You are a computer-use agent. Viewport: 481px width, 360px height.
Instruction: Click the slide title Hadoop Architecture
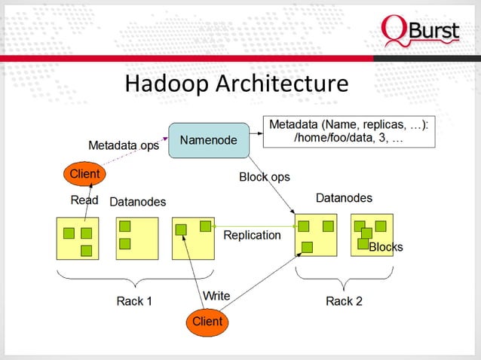tap(236, 84)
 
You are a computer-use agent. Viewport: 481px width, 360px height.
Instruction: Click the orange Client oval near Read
tap(84, 174)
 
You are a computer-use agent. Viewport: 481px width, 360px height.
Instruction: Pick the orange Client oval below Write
tap(207, 321)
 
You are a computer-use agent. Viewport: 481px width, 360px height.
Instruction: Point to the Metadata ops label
tap(124, 145)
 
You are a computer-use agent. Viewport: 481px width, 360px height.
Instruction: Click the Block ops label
tap(264, 177)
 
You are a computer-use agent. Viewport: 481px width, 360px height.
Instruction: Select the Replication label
tap(252, 235)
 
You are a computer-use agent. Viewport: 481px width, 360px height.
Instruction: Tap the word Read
tap(84, 200)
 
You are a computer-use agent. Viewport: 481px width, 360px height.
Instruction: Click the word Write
tap(217, 295)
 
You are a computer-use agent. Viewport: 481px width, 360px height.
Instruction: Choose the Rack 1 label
tap(134, 301)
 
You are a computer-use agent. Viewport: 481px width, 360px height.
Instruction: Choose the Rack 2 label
tap(344, 301)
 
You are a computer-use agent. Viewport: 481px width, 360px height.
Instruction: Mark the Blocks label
tap(385, 247)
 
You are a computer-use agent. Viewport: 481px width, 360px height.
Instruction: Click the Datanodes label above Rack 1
tap(138, 202)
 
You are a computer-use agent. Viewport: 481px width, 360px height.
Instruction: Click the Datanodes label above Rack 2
tap(344, 198)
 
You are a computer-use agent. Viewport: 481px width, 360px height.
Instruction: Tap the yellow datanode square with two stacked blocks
tap(136, 238)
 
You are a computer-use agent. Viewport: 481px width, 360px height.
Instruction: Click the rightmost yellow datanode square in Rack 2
tap(372, 236)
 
